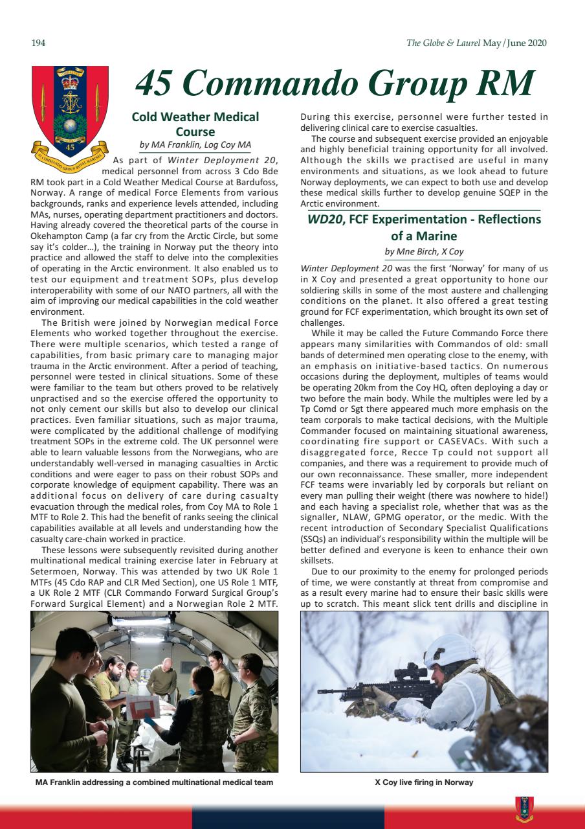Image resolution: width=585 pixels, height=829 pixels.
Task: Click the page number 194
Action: tap(37, 43)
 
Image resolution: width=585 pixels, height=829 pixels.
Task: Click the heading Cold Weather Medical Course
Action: tap(195, 124)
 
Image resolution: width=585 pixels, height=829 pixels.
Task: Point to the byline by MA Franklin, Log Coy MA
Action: tap(195, 144)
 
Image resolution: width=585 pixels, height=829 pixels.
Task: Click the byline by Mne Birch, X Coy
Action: tap(424, 251)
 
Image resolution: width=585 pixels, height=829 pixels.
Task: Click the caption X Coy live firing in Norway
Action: tap(424, 782)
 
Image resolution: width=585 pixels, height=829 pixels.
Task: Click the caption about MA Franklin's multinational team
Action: tap(154, 782)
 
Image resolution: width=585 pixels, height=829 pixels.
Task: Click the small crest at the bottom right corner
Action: tap(524, 808)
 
